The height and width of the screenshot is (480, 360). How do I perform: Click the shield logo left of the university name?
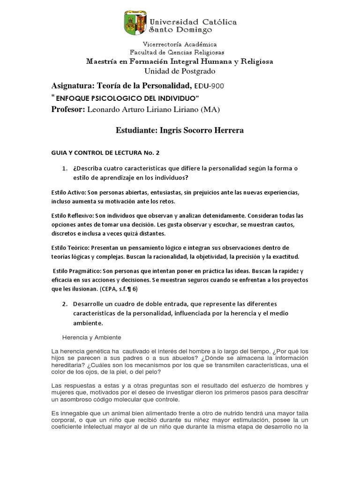[x=135, y=23]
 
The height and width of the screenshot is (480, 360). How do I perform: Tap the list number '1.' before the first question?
[x=65, y=168]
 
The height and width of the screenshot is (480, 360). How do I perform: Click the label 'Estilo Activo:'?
[x=69, y=193]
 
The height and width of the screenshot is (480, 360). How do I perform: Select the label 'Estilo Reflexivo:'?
[x=73, y=216]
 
